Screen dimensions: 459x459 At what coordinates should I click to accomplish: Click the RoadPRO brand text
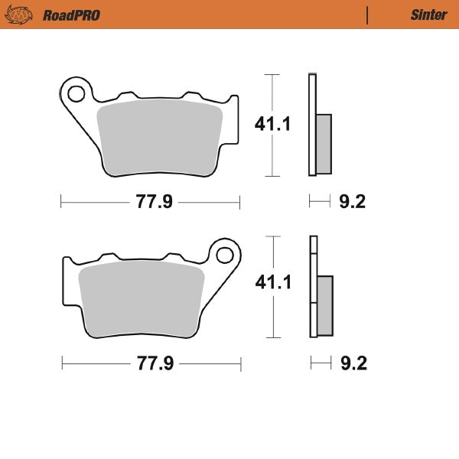point(71,15)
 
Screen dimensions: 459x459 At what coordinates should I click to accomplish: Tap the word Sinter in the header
point(428,15)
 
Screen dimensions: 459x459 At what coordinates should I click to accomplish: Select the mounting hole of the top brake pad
point(76,94)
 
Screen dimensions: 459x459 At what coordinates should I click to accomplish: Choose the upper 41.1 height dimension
point(273,125)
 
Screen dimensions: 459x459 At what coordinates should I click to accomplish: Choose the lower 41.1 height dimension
point(273,283)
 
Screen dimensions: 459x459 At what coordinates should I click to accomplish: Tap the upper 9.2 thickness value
point(352,203)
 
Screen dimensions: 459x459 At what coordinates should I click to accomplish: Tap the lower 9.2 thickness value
point(352,363)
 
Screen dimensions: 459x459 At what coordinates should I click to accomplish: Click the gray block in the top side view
point(324,143)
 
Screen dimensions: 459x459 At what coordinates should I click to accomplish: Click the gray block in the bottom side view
point(324,305)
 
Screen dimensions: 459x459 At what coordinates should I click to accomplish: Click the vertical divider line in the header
point(368,15)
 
